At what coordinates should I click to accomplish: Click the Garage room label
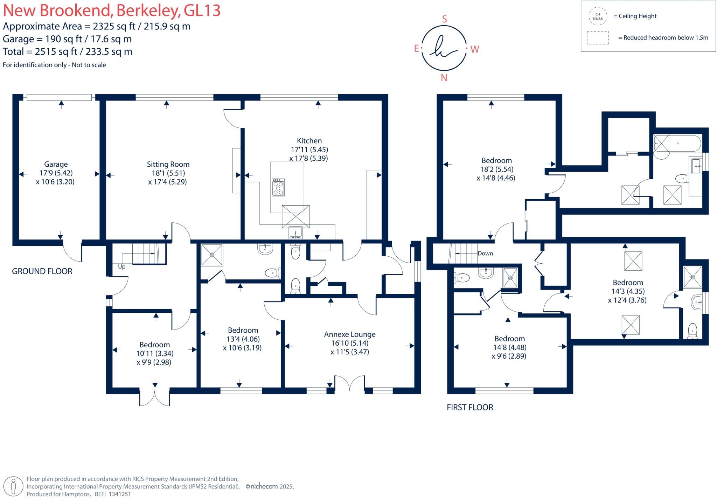click(56, 164)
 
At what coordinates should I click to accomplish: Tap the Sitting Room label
click(168, 164)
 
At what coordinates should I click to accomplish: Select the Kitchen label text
click(309, 141)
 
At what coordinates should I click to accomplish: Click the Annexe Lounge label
click(349, 334)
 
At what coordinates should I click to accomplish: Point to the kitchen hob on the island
click(278, 187)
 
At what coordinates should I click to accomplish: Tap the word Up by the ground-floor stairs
click(121, 267)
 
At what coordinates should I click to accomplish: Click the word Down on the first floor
click(485, 254)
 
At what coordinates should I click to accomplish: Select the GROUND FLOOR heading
click(42, 271)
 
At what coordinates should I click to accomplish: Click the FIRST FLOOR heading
click(470, 407)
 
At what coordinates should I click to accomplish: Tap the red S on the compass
click(444, 19)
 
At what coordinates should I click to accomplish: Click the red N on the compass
click(444, 78)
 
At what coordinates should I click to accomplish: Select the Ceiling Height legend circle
click(598, 16)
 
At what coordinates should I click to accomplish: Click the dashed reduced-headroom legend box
click(598, 38)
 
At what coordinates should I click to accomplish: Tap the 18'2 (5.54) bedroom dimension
click(496, 169)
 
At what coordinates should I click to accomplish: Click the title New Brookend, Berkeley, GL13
click(112, 11)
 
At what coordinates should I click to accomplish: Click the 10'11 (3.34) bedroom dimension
click(155, 353)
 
